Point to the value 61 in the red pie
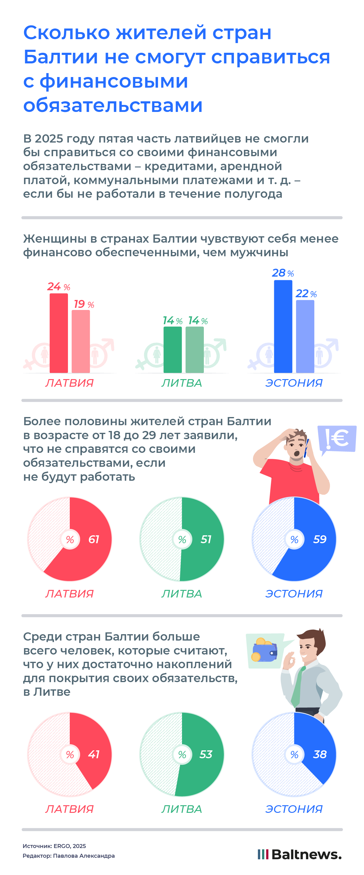[x=93, y=539]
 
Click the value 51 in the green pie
[x=206, y=539]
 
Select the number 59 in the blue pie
[x=319, y=539]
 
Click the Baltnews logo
[x=299, y=854]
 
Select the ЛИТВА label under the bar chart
[x=181, y=383]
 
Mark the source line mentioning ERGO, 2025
[x=54, y=846]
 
